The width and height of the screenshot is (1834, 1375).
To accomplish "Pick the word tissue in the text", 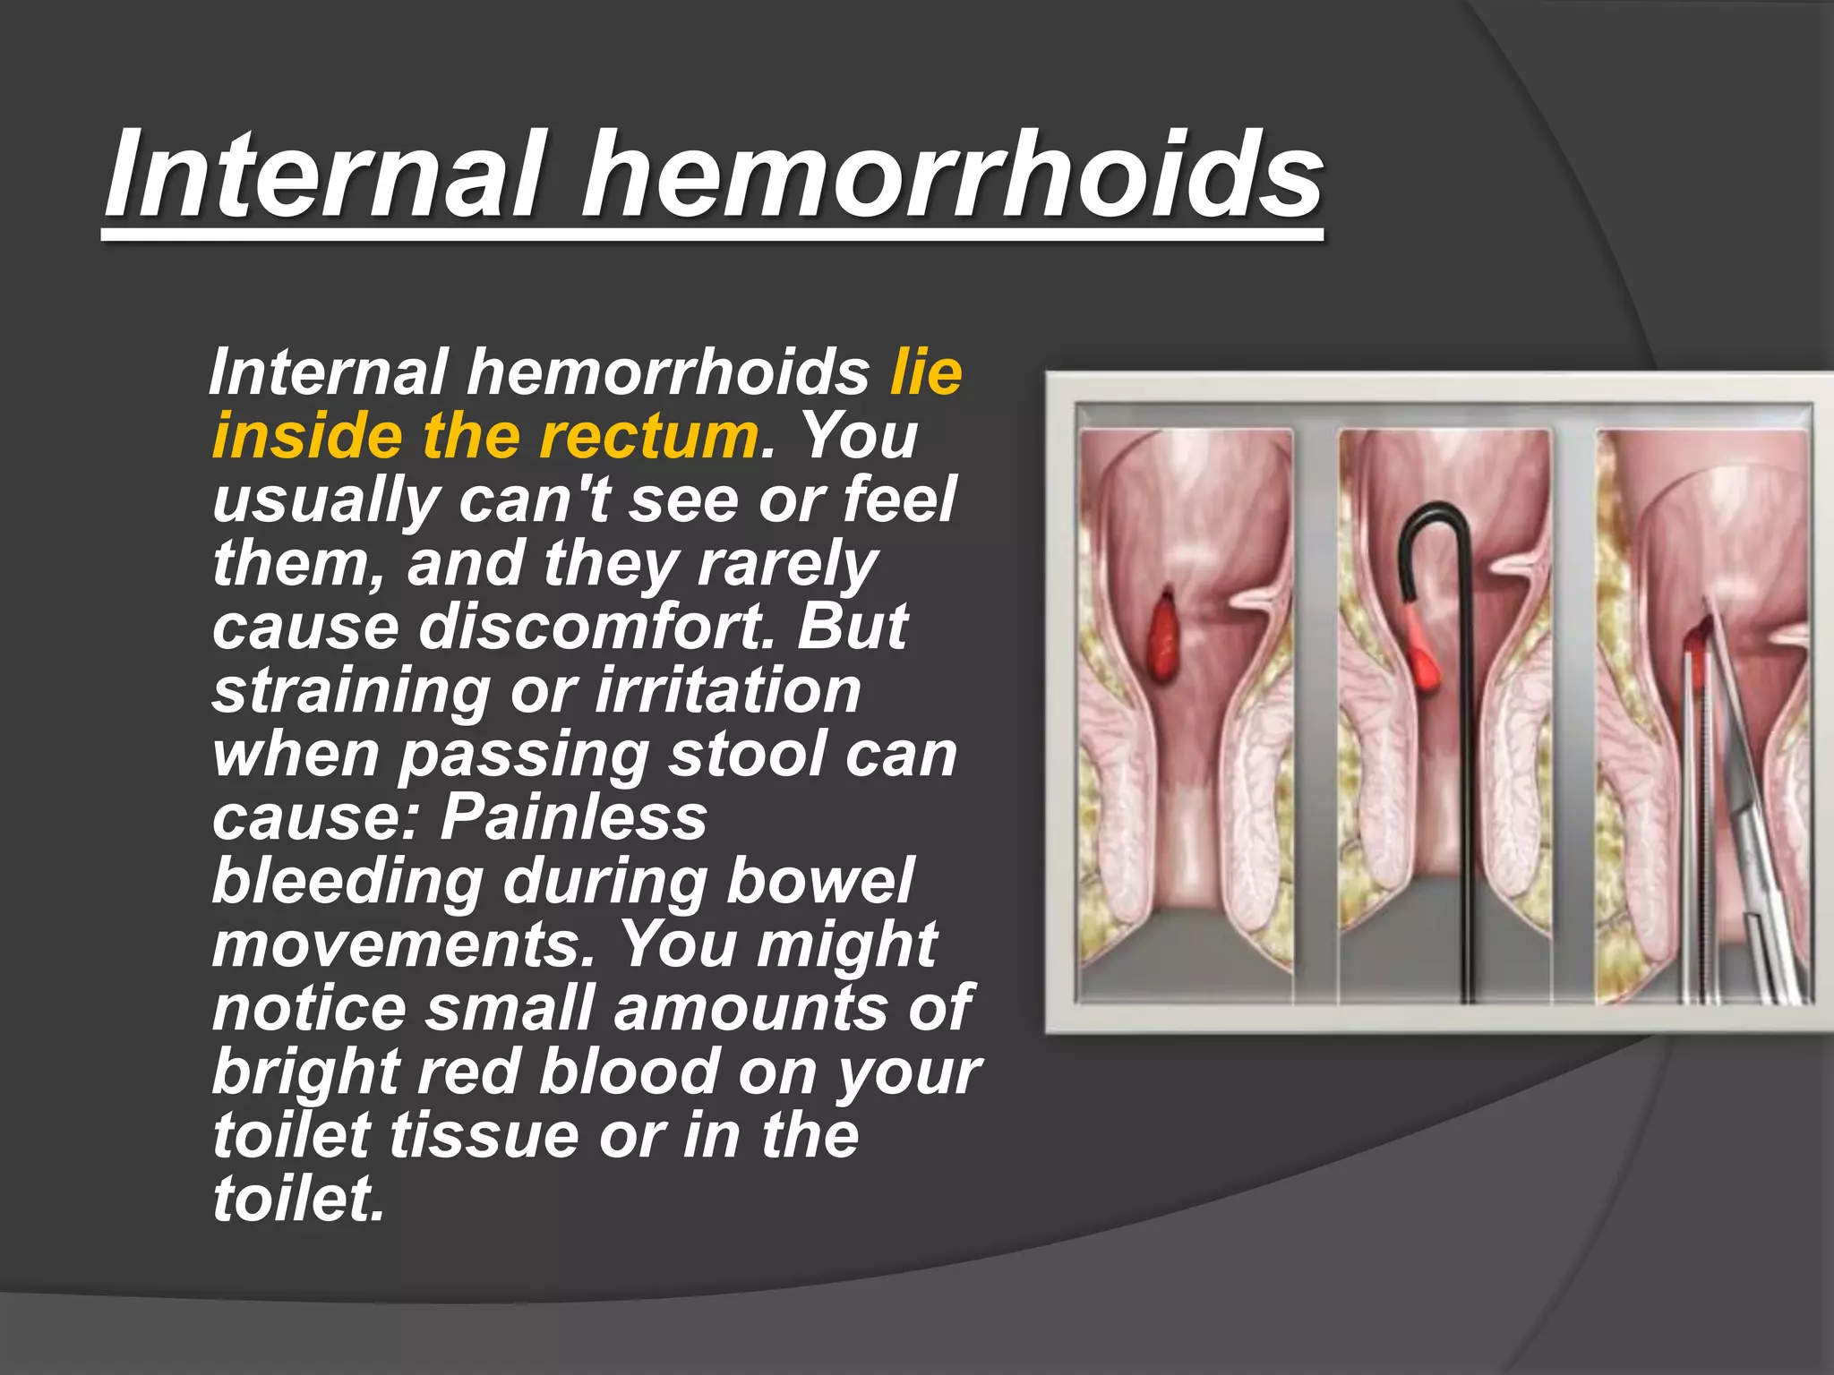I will click(x=485, y=1134).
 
